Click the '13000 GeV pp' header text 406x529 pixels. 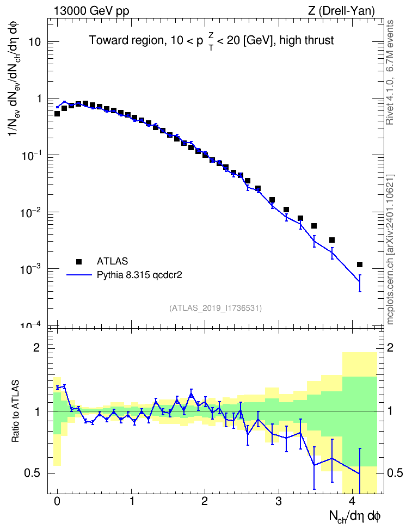pyautogui.click(x=91, y=11)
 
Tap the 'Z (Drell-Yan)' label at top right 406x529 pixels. pyautogui.click(x=341, y=11)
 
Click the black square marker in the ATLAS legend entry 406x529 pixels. pyautogui.click(x=78, y=261)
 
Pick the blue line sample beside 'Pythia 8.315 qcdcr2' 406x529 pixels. pyautogui.click(x=79, y=275)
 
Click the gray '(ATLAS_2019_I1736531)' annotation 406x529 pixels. pyautogui.click(x=216, y=308)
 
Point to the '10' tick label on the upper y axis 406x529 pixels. pyautogui.click(x=34, y=42)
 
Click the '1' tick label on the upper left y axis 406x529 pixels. pyautogui.click(x=39, y=99)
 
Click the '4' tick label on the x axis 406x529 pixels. pyautogui.click(x=352, y=501)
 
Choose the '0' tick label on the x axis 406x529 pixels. pyautogui.click(x=57, y=501)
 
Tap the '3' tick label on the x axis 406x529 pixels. pyautogui.click(x=279, y=501)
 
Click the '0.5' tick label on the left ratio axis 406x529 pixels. pyautogui.click(x=32, y=473)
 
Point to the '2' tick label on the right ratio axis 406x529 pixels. pyautogui.click(x=390, y=348)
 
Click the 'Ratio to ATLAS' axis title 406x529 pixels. pyautogui.click(x=15, y=411)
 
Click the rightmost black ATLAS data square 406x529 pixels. pyautogui.click(x=359, y=264)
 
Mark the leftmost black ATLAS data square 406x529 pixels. pyautogui.click(x=57, y=114)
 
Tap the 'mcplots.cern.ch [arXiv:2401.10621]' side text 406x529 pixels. pyautogui.click(x=390, y=250)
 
